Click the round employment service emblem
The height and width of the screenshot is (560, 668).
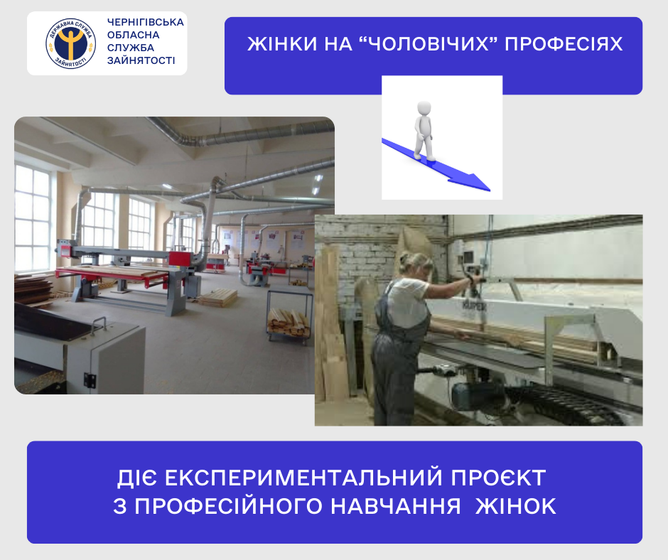click(x=71, y=43)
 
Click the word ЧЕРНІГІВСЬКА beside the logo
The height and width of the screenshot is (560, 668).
click(x=146, y=22)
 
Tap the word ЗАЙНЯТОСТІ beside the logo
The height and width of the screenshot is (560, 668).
click(x=141, y=60)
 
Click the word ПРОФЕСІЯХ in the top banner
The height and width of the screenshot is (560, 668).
click(x=564, y=44)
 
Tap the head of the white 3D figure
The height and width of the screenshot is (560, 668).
click(x=424, y=107)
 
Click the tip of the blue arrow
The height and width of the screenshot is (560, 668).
click(x=490, y=190)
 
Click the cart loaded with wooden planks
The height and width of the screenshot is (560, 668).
click(x=289, y=316)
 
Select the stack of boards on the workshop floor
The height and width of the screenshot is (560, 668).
click(x=219, y=297)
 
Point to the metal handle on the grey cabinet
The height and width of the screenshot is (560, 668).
click(x=99, y=323)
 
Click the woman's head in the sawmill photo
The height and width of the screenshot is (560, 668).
click(x=414, y=266)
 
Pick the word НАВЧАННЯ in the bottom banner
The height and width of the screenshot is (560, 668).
click(x=396, y=506)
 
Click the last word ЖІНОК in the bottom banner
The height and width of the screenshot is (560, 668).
click(x=515, y=506)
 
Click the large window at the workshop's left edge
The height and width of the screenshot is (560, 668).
click(x=33, y=218)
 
